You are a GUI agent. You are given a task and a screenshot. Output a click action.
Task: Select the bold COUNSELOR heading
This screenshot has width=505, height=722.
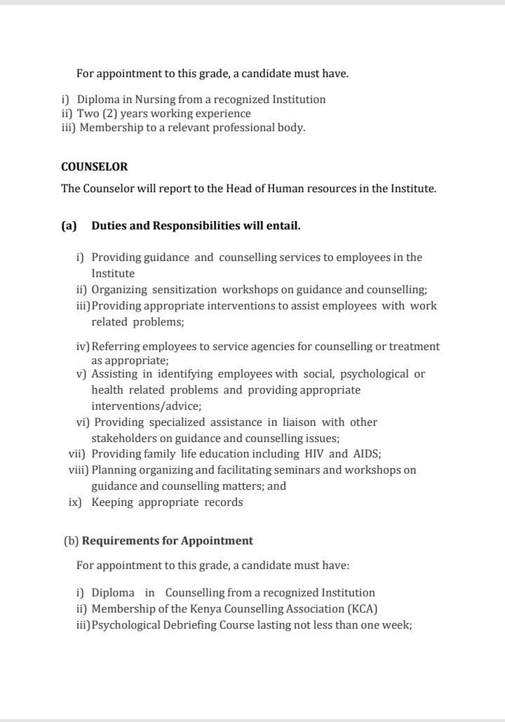point(95,167)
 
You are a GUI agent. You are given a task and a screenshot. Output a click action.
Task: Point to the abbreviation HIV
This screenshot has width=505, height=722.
point(313,454)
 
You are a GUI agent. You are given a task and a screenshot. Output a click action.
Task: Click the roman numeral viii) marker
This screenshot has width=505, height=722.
point(77,470)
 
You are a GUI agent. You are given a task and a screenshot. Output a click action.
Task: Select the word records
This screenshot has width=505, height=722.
point(224,502)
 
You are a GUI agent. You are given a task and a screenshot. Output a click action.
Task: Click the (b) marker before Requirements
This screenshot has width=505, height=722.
point(72,541)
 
